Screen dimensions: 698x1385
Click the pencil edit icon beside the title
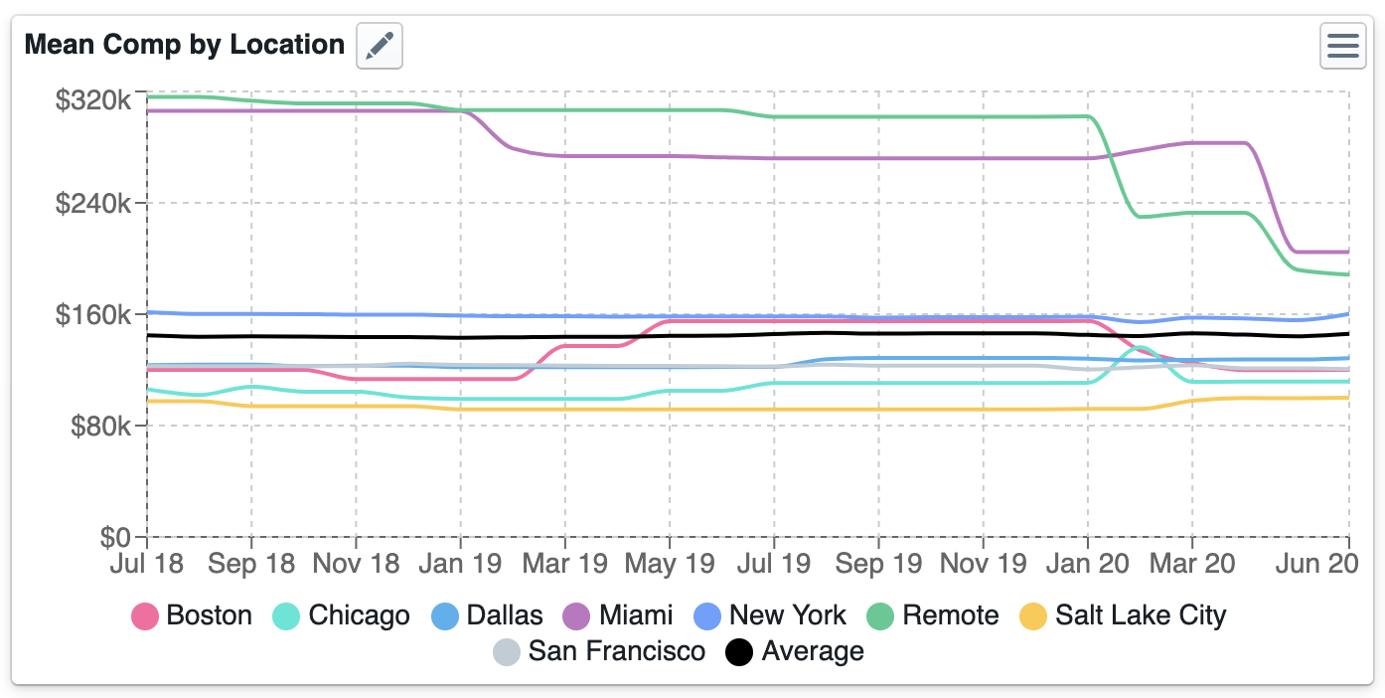[379, 46]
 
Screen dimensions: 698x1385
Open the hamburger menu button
[1342, 46]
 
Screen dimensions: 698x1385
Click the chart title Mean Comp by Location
[185, 45]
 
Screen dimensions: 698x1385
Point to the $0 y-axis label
[117, 537]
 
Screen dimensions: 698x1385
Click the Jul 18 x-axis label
[147, 564]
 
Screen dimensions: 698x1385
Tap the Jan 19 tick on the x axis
[460, 564]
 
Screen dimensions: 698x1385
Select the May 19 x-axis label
[670, 564]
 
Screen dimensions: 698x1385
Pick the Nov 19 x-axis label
[983, 564]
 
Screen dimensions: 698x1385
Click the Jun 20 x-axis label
[1317, 564]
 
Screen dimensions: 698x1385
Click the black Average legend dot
[740, 652]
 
